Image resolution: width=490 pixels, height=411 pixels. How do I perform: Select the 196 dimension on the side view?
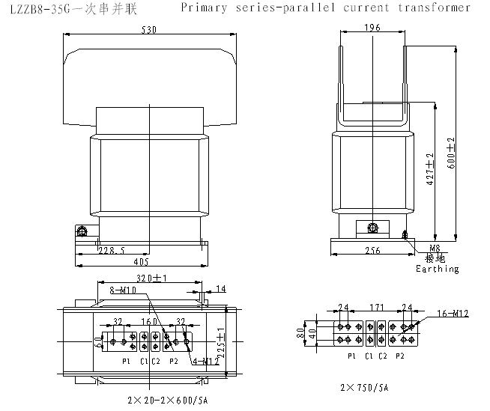(372, 28)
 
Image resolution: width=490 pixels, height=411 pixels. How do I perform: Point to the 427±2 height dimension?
(430, 168)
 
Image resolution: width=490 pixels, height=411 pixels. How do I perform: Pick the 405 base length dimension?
(141, 262)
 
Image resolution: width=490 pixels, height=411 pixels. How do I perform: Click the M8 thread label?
(435, 248)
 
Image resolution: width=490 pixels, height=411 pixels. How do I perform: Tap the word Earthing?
(438, 269)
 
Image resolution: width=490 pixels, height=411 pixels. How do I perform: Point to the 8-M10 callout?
(122, 289)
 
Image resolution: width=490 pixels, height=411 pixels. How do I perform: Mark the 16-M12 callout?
(453, 314)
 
